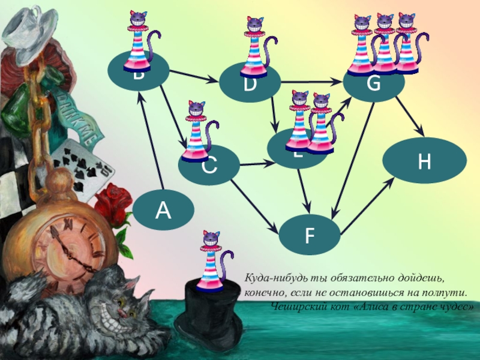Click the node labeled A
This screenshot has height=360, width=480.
coord(163,211)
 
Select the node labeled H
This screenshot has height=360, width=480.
coord(425,161)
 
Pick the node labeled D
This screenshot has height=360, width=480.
coord(250,84)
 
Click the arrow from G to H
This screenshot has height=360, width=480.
coord(410,118)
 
